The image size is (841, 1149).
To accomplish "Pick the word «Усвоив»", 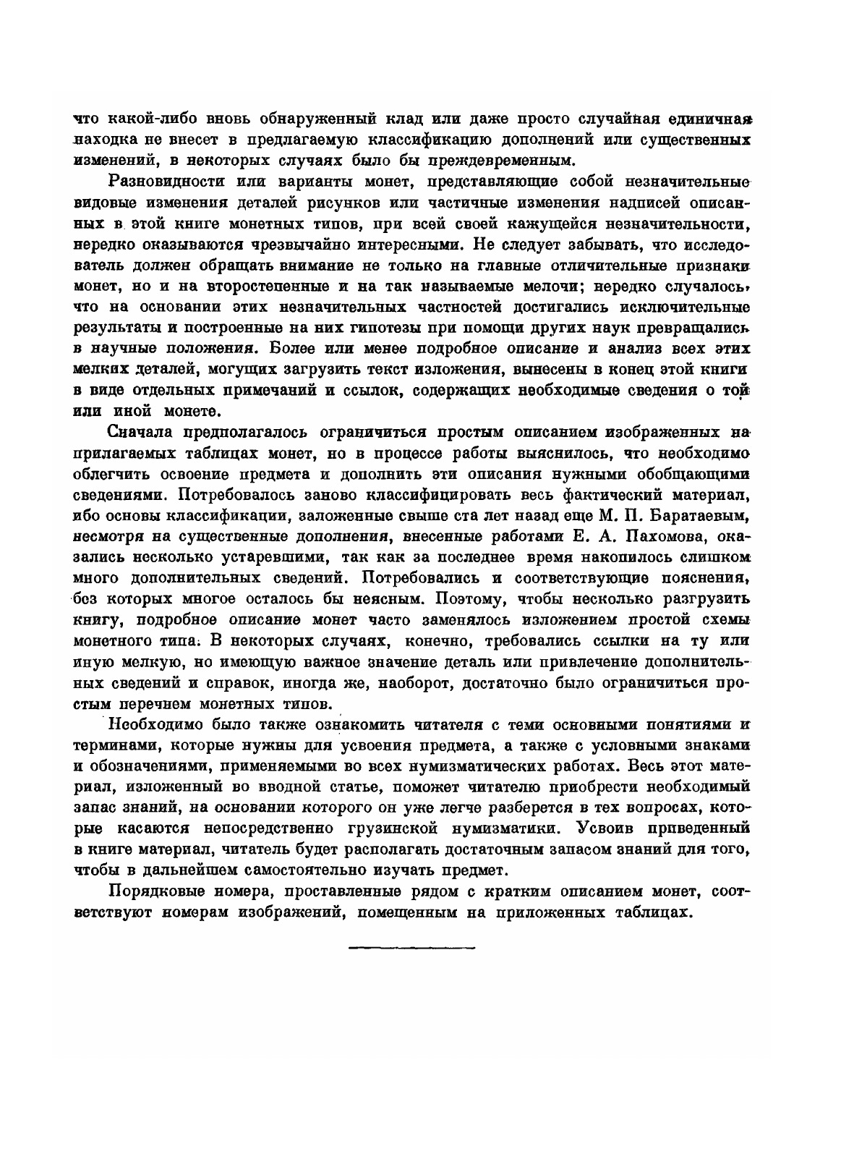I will coord(605,827).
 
